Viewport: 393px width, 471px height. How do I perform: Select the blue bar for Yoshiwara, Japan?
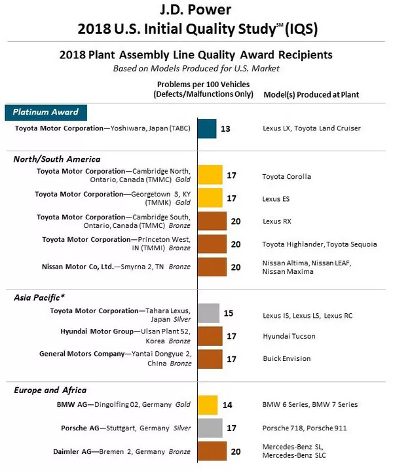206,129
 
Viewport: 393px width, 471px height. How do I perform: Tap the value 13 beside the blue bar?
225,129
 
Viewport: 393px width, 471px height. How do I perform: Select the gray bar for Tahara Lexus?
208,314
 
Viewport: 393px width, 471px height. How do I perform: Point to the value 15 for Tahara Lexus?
228,314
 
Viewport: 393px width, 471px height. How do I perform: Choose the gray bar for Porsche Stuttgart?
210,428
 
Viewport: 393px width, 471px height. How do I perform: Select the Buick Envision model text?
286,358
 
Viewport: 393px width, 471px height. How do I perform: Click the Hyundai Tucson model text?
288,336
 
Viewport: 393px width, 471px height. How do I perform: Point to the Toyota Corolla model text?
286,176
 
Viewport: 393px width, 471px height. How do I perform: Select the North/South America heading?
57,159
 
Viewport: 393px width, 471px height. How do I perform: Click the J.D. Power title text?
196,10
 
